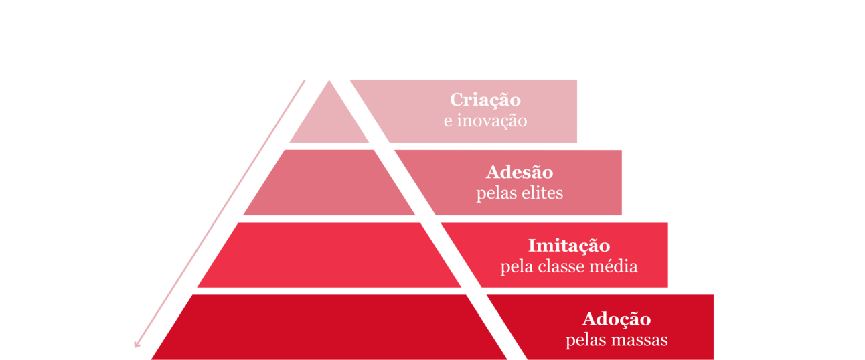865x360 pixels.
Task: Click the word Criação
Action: (x=485, y=100)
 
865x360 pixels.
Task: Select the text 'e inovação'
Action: (x=485, y=122)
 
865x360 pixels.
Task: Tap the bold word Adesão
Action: (x=520, y=172)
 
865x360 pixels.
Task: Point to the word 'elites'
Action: (x=542, y=193)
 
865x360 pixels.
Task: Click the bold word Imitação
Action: (x=569, y=245)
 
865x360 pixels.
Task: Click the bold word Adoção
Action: (x=616, y=318)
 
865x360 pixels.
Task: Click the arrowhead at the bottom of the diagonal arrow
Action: (x=137, y=344)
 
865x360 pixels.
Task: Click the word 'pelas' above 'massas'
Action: (x=584, y=340)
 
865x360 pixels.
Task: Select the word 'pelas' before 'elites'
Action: (x=495, y=193)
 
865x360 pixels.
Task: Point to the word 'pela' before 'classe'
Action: (x=515, y=266)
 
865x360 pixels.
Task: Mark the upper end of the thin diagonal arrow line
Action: (x=305, y=80)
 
